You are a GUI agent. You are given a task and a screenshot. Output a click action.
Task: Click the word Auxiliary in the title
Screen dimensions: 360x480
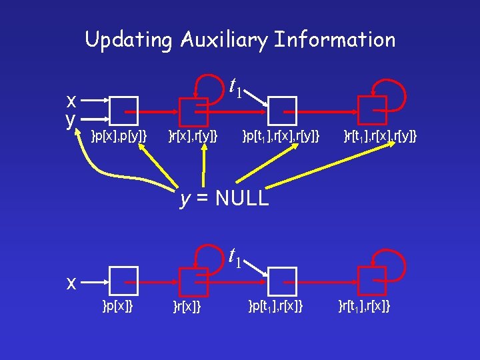coord(223,40)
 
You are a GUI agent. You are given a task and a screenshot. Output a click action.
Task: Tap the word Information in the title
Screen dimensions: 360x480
coord(335,40)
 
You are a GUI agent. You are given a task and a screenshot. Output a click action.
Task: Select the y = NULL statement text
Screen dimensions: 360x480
coord(225,198)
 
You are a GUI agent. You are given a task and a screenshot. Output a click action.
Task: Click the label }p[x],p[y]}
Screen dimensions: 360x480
coord(119,137)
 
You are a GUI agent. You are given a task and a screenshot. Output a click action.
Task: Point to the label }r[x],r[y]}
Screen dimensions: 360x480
coord(193,137)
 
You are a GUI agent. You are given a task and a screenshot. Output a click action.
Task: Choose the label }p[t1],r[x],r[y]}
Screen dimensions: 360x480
coord(281,137)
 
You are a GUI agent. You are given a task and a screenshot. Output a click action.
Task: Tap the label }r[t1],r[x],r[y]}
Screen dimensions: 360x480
coord(380,137)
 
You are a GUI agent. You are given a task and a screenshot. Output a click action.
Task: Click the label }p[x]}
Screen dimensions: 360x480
coord(117,306)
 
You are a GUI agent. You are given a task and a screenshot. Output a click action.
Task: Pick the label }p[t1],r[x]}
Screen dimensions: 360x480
coord(275,306)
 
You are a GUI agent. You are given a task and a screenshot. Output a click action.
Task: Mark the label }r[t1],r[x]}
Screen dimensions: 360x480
coord(364,306)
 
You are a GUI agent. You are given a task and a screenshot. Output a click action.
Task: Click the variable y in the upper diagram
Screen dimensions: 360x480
coord(70,119)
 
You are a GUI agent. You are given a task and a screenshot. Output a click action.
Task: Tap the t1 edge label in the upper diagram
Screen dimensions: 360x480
coord(235,87)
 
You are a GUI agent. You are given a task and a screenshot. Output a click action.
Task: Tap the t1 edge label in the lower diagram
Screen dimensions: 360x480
coord(235,256)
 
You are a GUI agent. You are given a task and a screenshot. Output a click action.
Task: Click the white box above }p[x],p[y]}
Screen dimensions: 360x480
coord(123,111)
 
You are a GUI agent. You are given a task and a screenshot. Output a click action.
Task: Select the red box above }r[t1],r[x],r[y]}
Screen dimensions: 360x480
coord(371,111)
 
